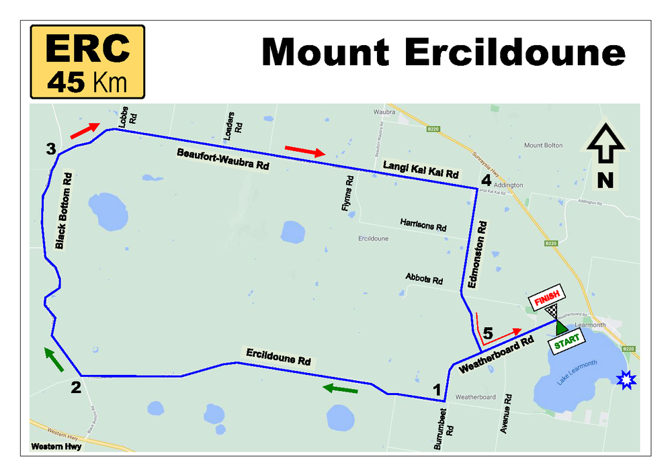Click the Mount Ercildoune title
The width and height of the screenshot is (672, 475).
pyautogui.click(x=444, y=52)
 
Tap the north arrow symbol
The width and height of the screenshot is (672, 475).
pyautogui.click(x=606, y=155)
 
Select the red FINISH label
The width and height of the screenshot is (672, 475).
pyautogui.click(x=547, y=300)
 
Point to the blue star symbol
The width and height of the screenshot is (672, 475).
pyautogui.click(x=627, y=380)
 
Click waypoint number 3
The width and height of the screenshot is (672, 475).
pyautogui.click(x=50, y=148)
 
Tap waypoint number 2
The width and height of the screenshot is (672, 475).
pyautogui.click(x=76, y=387)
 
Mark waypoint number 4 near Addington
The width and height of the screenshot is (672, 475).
pyautogui.click(x=486, y=179)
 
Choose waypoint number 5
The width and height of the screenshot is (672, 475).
pyautogui.click(x=488, y=333)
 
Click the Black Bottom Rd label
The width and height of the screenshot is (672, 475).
pyautogui.click(x=63, y=210)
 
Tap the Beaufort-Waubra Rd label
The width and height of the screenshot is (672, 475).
pyautogui.click(x=223, y=160)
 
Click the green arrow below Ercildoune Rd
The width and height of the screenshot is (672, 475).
pyautogui.click(x=340, y=389)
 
